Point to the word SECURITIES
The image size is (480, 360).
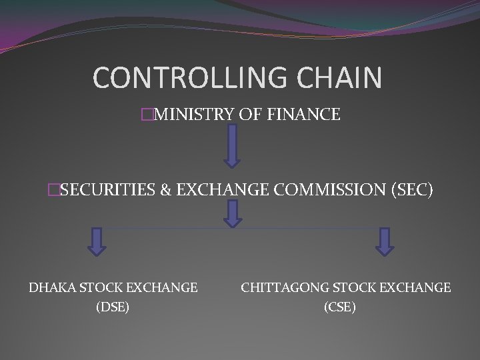[107, 191]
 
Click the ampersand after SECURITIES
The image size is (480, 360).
[165, 191]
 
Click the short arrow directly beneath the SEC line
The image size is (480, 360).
[231, 215]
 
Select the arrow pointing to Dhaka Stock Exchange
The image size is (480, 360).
[97, 241]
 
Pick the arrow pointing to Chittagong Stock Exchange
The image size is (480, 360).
[385, 241]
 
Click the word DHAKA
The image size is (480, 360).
[52, 288]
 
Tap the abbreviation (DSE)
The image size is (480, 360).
[113, 307]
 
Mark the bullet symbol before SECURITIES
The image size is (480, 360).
[53, 191]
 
